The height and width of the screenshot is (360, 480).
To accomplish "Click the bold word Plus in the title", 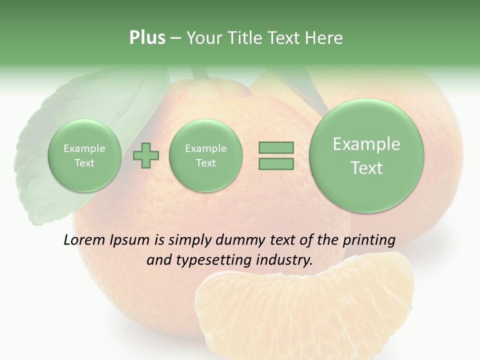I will click(147, 38).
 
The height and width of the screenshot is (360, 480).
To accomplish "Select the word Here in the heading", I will click(324, 38).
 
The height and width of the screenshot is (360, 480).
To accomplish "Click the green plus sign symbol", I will click(146, 155).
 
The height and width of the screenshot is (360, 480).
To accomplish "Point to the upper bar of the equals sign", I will click(276, 147).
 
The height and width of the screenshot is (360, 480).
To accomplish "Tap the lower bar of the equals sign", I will click(276, 163).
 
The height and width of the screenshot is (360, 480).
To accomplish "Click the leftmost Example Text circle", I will click(84, 155).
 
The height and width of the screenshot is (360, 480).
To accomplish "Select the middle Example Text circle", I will click(205, 155).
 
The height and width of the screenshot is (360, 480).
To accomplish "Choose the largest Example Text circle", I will click(366, 155).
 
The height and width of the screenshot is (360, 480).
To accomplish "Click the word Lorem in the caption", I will click(84, 240).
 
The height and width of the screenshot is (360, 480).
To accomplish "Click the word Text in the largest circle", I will click(366, 168).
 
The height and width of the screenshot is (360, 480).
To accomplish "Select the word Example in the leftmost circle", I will click(84, 148).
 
